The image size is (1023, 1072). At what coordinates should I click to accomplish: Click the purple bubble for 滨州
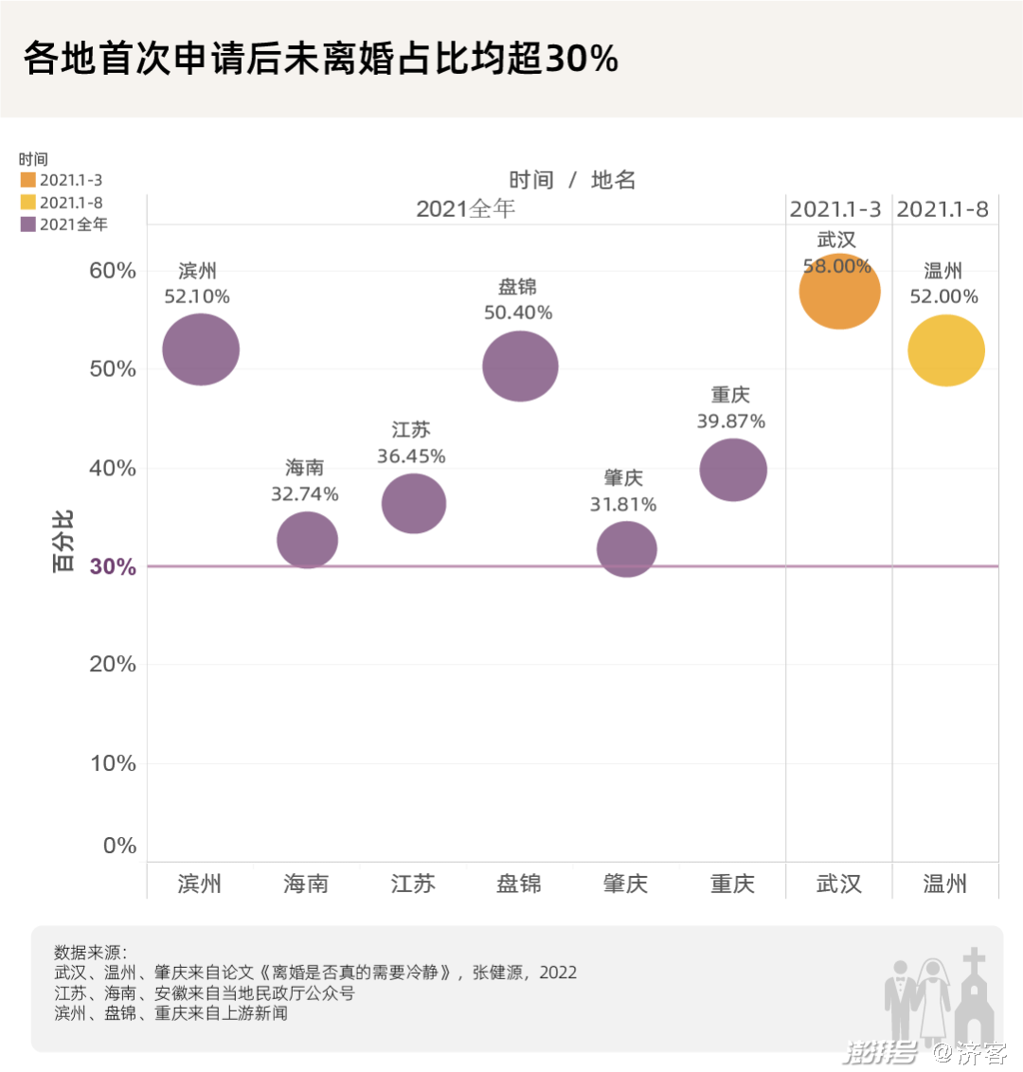point(201,349)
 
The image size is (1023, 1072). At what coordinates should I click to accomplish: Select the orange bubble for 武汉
point(839,292)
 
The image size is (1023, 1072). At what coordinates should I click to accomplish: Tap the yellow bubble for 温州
point(946,350)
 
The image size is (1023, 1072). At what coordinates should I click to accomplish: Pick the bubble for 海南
point(307,540)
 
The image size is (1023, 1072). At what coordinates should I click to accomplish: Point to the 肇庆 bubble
point(626,548)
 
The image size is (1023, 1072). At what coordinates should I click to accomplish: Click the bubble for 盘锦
point(520,366)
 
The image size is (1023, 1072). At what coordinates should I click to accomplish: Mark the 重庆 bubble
point(733,470)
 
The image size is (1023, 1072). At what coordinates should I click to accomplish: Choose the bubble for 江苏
point(414,503)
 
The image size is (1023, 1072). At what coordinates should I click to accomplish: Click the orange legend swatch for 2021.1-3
point(28,180)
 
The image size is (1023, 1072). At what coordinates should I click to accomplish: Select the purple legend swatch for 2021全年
point(28,224)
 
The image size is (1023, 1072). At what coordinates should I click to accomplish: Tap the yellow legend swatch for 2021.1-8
point(28,202)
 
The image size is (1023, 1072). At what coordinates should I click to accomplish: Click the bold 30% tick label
point(113,566)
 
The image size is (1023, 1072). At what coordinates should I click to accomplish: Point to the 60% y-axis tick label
point(113,271)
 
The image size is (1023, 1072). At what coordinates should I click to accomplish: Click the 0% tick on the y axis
point(119,846)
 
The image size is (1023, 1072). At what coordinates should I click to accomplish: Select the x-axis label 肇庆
point(625,884)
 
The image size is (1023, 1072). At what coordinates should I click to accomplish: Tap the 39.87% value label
point(730,421)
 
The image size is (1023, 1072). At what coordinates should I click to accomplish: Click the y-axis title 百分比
point(63,541)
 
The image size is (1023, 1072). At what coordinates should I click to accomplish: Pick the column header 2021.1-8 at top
point(942,209)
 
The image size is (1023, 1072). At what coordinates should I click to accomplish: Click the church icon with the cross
point(974,1002)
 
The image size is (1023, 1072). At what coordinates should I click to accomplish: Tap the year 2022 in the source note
point(558,973)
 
